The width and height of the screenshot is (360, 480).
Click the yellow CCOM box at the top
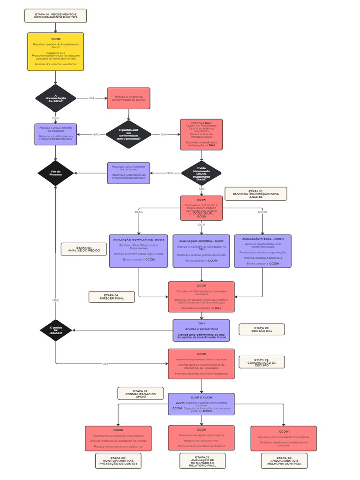pyautogui.click(x=56, y=52)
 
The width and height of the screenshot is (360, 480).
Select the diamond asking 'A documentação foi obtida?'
pyautogui.click(x=56, y=98)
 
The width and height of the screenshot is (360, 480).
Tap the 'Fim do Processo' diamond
pyautogui.click(x=56, y=173)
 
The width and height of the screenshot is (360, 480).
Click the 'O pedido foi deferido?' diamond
pyautogui.click(x=56, y=330)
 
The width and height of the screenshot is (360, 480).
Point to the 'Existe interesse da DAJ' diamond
pyautogui.click(x=202, y=173)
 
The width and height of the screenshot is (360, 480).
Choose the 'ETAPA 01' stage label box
pyautogui.click(x=56, y=15)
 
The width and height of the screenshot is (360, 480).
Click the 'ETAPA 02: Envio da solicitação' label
pyautogui.click(x=256, y=194)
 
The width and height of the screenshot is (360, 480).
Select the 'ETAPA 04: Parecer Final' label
pyautogui.click(x=111, y=297)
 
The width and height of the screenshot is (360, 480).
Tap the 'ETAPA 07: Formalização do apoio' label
pyautogui.click(x=140, y=393)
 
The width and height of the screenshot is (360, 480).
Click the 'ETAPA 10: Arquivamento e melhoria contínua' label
pyautogui.click(x=285, y=461)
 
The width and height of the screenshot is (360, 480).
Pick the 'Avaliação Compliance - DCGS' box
pyautogui.click(x=138, y=251)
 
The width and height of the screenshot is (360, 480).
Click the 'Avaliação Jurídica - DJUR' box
pyautogui.click(x=202, y=251)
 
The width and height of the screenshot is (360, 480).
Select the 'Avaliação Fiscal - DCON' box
pyautogui.click(x=262, y=251)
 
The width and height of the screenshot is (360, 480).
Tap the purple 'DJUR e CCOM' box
pyautogui.click(x=202, y=404)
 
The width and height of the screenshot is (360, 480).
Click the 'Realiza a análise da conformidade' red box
pyautogui.click(x=129, y=98)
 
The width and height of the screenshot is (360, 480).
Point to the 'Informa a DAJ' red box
pyautogui.click(x=202, y=134)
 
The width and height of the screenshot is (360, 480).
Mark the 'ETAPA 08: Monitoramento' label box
pyautogui.click(x=118, y=461)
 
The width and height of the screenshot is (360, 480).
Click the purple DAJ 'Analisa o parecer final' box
pyautogui.click(x=202, y=330)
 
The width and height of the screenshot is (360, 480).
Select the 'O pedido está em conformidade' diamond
pyautogui.click(x=129, y=134)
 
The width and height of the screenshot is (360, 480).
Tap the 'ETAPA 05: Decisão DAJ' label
pyautogui.click(x=262, y=330)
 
